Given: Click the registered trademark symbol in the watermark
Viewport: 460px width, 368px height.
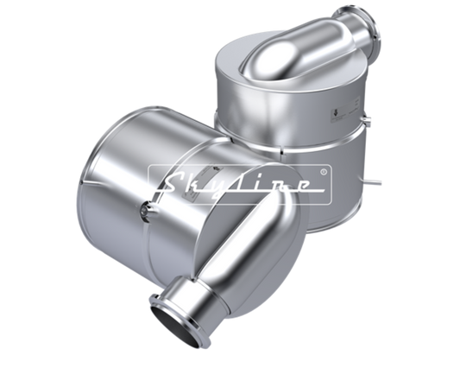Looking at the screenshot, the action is coord(324,172).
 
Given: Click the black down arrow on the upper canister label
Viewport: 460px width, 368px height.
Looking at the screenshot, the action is coord(335,113).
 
